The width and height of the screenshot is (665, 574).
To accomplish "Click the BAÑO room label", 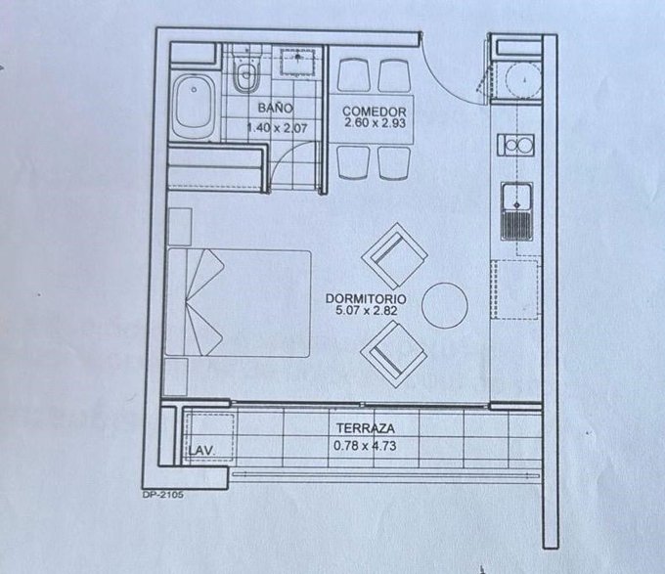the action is tap(275, 108).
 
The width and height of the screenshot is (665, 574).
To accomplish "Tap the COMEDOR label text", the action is tap(374, 111).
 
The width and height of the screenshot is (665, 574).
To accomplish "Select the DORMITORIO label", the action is tap(366, 298).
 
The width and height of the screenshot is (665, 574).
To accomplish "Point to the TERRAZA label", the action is tap(365, 428).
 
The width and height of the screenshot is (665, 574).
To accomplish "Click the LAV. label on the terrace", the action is tap(201, 450).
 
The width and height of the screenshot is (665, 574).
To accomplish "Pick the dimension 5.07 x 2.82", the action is tap(367, 310).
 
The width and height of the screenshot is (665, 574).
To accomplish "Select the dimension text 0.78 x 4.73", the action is tap(365, 446).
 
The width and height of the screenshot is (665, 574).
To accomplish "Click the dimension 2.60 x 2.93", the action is tap(375, 123).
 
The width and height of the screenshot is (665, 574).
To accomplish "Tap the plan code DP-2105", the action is tap(163, 494).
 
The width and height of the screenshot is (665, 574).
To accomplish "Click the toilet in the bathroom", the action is tap(246, 70).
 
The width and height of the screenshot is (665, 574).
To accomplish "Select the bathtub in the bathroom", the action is tap(194, 106).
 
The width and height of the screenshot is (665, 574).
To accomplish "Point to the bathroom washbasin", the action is tap(297, 63).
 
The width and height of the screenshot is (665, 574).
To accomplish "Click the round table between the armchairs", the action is tap(444, 305).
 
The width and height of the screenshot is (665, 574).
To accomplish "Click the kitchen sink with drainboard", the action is tap(516, 212).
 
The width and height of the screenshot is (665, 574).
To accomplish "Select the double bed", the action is tap(239, 303).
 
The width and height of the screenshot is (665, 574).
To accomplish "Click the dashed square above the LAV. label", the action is tap(209, 437).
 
